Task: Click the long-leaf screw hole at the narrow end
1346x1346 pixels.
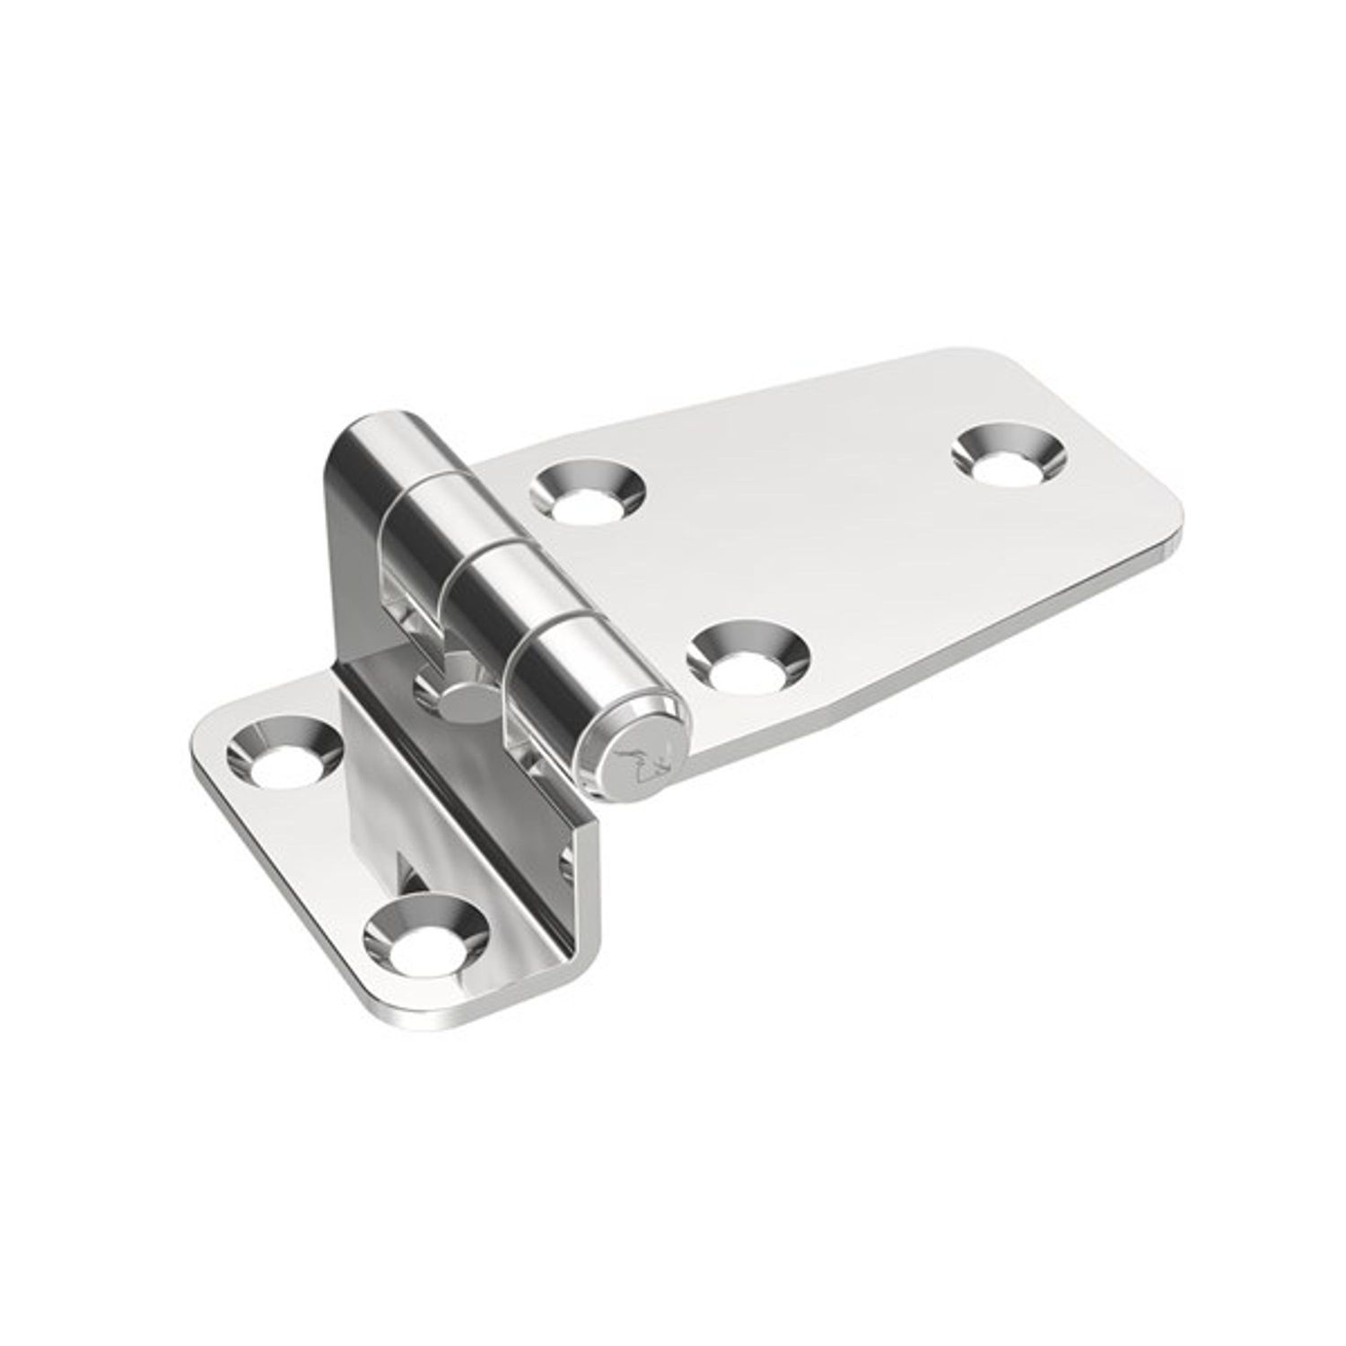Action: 1006,457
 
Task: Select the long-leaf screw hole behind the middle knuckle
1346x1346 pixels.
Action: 588,496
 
